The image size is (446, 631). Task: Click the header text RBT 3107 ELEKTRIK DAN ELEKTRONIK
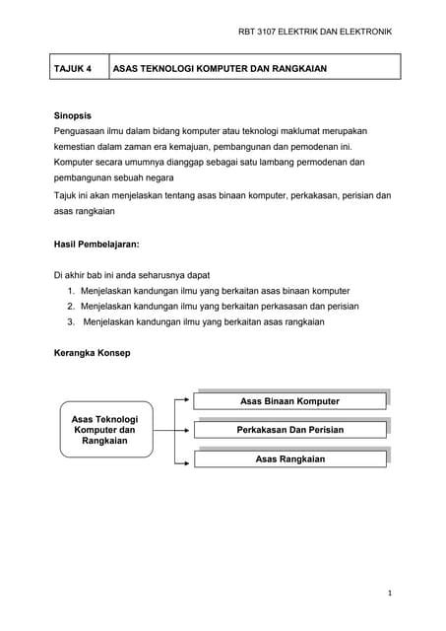315,33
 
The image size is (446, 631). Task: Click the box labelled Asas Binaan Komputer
289,401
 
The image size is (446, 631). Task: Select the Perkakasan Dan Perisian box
289,431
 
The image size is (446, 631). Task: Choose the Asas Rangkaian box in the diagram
289,459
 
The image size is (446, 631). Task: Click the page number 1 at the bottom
390,594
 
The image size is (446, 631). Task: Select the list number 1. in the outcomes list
72,291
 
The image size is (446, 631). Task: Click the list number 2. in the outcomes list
72,306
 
